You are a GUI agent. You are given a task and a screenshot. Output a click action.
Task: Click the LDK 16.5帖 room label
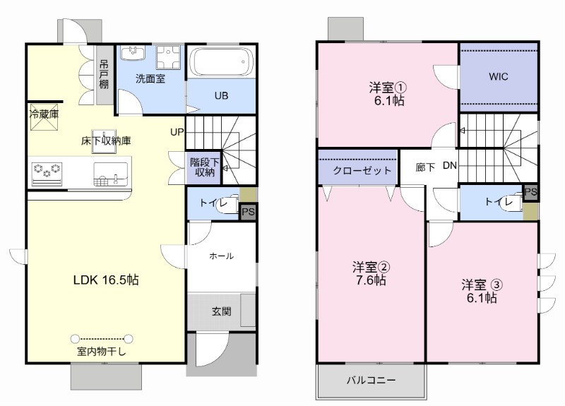[106, 280]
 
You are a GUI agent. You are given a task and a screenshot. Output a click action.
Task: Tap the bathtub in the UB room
[221, 65]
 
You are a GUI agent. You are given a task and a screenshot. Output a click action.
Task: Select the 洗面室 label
[151, 79]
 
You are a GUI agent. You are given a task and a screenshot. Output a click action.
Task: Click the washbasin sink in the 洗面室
[131, 54]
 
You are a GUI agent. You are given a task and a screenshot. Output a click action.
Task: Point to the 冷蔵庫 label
[44, 113]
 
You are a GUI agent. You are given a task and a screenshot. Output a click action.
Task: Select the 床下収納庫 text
[106, 141]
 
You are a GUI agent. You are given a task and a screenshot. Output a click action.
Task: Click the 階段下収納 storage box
[203, 167]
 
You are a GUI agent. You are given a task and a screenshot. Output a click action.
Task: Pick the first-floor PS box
[248, 211]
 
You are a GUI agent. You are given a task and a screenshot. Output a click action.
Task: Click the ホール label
[221, 256]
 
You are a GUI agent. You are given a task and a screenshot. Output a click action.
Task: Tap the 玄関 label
[221, 311]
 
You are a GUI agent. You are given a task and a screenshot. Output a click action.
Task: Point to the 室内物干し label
[102, 352]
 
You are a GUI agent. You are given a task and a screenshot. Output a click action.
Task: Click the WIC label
[499, 77]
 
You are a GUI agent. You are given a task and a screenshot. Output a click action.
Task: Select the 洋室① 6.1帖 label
[387, 95]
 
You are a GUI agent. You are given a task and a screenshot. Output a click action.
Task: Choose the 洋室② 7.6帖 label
[370, 273]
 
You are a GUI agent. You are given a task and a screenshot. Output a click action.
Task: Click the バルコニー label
[371, 381]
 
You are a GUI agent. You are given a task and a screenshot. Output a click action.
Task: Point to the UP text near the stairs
[177, 131]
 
